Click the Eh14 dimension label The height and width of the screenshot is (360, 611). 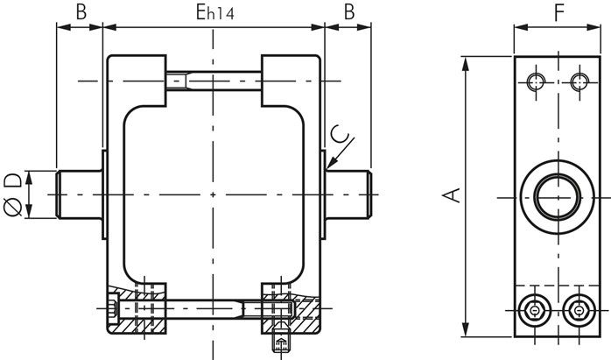point(214,12)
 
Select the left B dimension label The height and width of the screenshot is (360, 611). point(81,11)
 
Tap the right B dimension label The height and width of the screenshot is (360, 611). point(349,11)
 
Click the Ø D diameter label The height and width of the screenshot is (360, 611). point(13,194)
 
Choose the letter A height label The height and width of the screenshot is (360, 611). point(452,195)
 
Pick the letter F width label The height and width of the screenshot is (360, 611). point(559,12)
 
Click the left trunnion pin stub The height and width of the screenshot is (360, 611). point(79,194)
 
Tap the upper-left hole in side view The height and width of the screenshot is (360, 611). point(536,81)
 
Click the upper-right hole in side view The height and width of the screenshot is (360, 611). point(579,81)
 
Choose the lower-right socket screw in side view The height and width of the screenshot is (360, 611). point(579,310)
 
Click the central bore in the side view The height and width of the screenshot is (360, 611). point(558,197)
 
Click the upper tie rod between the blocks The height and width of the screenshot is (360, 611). point(214,81)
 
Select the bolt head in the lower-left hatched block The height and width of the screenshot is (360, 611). point(113,308)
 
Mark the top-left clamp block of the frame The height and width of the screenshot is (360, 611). point(137,81)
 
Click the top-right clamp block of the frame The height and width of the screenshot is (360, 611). point(291,81)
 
